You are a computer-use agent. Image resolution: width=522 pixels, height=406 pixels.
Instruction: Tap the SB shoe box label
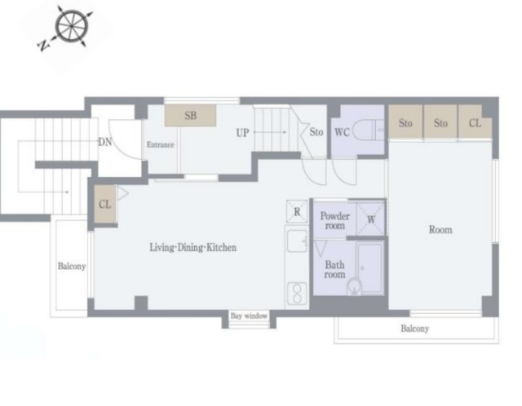tap(190, 116)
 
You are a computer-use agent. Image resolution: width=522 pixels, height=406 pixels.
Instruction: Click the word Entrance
tap(161, 145)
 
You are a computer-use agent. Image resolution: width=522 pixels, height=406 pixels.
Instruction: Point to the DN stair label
tap(105, 142)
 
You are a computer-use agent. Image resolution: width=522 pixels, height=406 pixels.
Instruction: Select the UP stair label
tap(242, 133)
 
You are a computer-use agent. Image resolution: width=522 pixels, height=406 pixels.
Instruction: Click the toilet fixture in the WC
tap(366, 130)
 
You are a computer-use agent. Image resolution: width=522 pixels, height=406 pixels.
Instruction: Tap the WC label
tap(342, 132)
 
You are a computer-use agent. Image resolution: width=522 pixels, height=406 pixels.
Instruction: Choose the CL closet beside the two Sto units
tap(475, 121)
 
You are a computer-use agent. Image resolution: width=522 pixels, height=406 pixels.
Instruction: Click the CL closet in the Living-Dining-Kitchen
tap(105, 204)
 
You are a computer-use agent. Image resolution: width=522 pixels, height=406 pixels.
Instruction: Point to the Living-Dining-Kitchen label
tap(193, 248)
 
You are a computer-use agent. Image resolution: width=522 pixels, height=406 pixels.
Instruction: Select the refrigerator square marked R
tap(297, 211)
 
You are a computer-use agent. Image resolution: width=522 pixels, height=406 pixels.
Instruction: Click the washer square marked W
tap(371, 219)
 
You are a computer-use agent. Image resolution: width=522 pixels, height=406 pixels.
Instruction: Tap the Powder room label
tap(335, 221)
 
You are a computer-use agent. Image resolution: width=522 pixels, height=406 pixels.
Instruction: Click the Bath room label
tap(335, 270)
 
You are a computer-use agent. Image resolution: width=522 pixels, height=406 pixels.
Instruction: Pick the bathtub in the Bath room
tap(369, 268)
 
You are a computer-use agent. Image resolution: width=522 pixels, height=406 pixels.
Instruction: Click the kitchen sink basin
tap(297, 241)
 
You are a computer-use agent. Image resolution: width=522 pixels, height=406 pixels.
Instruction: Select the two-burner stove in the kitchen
tap(297, 293)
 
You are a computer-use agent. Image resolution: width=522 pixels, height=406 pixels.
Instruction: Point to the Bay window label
tap(249, 316)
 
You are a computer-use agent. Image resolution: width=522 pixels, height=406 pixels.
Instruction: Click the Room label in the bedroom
tap(440, 230)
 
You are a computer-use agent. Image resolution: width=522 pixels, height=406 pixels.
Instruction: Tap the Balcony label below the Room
tap(415, 329)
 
